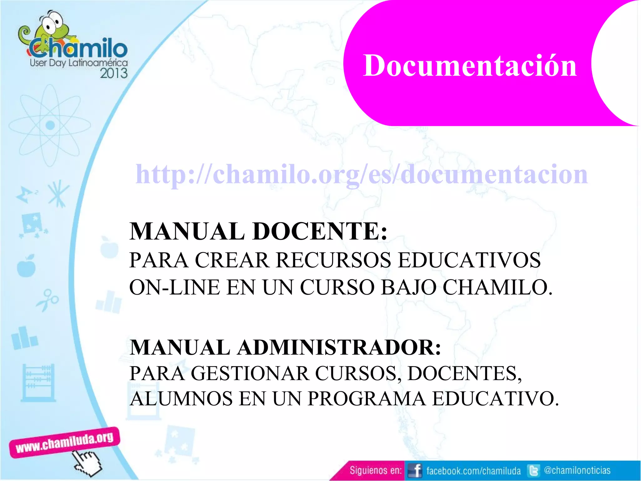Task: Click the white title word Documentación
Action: pyautogui.click(x=469, y=66)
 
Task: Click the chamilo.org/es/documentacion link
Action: pyautogui.click(x=362, y=174)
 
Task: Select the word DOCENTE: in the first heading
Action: pyautogui.click(x=320, y=231)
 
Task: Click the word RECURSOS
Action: pyautogui.click(x=334, y=260)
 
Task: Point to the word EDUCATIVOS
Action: pyautogui.click(x=469, y=260)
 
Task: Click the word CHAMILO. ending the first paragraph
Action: pyautogui.click(x=498, y=287)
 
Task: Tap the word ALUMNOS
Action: pyautogui.click(x=181, y=399)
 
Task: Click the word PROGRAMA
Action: pyautogui.click(x=367, y=399)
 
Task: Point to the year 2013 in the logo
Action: pyautogui.click(x=114, y=73)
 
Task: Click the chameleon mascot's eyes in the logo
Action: pyautogui.click(x=53, y=22)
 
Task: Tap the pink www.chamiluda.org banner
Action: pyautogui.click(x=64, y=442)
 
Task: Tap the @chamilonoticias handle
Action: pyautogui.click(x=577, y=470)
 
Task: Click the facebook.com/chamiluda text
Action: pyautogui.click(x=473, y=471)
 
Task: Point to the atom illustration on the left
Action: pyautogui.click(x=50, y=125)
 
